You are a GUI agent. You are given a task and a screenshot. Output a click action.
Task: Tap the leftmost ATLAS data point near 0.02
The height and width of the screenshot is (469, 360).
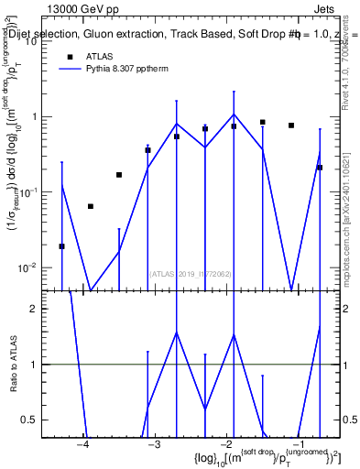(x=61, y=246)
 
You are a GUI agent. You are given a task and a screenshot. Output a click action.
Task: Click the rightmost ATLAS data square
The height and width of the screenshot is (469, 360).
(x=320, y=168)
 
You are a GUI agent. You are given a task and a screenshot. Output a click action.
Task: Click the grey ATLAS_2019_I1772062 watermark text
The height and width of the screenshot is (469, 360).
(x=190, y=272)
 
